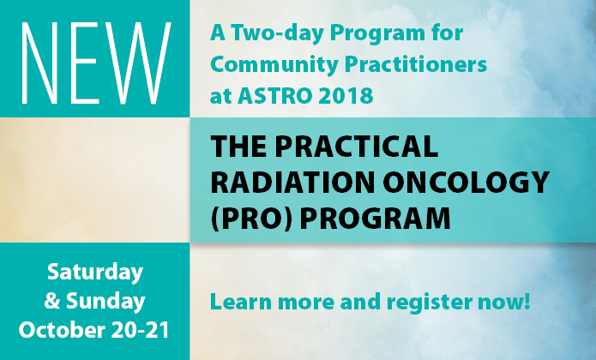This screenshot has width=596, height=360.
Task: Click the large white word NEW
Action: (97, 63)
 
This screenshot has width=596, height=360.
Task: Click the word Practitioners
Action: (416, 63)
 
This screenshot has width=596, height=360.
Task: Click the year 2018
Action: (346, 95)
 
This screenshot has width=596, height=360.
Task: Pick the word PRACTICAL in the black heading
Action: (357, 147)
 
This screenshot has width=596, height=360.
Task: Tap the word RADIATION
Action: (292, 183)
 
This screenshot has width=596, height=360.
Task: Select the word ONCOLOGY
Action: (466, 183)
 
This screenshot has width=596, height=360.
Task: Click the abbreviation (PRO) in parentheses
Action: (251, 219)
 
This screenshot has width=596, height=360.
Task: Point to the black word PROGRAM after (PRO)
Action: (375, 218)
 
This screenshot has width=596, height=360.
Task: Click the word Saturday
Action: (95, 273)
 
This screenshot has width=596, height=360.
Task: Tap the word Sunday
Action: (105, 301)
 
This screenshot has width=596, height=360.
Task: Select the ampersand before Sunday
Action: (52, 301)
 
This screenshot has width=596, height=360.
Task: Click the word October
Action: (62, 330)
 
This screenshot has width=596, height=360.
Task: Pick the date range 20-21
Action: (141, 330)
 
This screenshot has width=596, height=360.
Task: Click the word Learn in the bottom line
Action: (241, 302)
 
